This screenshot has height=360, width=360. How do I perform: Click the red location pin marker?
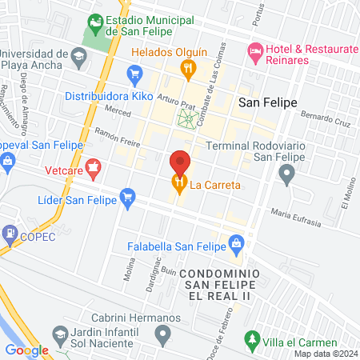click(x=180, y=163)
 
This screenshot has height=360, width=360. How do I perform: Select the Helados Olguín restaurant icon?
click(x=189, y=70)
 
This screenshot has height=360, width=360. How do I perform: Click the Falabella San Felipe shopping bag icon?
click(x=236, y=242)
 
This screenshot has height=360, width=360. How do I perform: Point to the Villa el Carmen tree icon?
click(x=253, y=342)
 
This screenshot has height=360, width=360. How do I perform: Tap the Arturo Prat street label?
click(x=176, y=103)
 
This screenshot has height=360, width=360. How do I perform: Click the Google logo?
click(x=26, y=350)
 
